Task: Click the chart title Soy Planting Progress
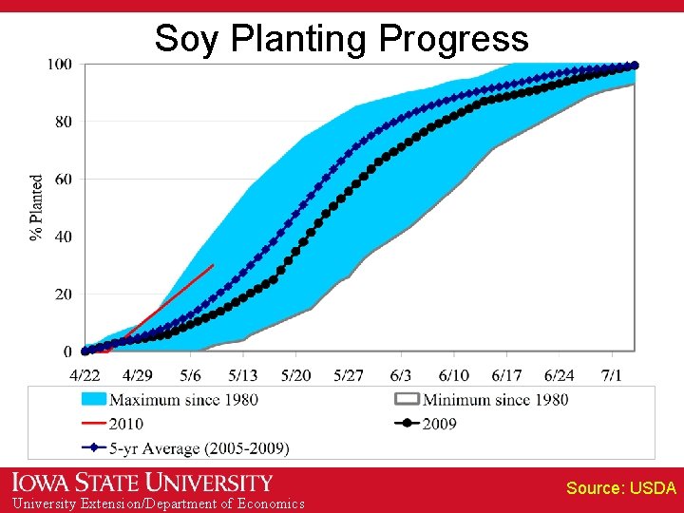[x=341, y=39]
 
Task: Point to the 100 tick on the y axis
[x=59, y=65]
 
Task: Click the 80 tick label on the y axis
[x=62, y=122]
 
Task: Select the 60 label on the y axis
[x=62, y=180]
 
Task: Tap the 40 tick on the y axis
[x=62, y=237]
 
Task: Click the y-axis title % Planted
[x=37, y=207]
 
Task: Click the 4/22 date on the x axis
[x=85, y=375]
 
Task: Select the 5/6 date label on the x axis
[x=190, y=375]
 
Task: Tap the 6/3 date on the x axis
[x=401, y=375]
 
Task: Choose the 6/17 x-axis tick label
[x=506, y=375]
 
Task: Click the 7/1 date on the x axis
[x=612, y=375]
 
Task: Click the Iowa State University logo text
[x=142, y=483]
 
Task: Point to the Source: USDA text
[x=620, y=488]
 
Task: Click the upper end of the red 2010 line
[x=213, y=266]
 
